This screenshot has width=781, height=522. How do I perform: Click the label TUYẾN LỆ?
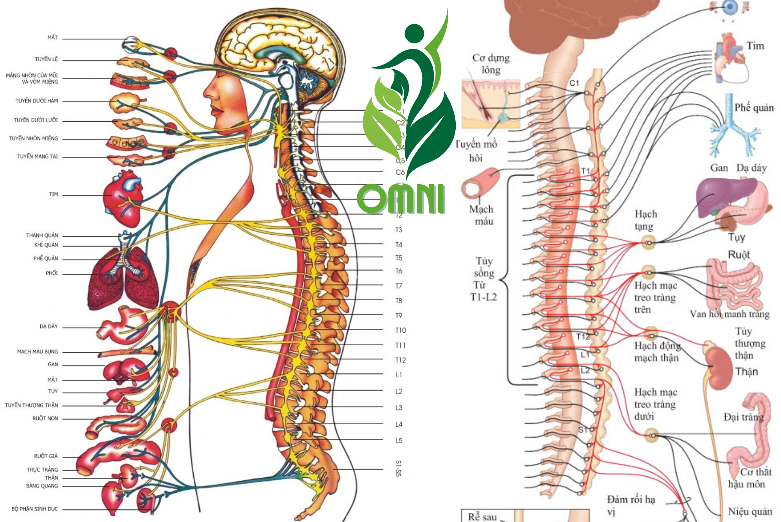pos(46,59)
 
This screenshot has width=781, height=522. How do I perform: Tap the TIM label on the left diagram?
pos(53,194)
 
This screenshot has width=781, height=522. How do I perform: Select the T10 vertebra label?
pos(400,330)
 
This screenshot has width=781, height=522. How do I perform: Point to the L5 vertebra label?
pos(399,441)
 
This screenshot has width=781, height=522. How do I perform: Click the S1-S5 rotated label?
pos(398,468)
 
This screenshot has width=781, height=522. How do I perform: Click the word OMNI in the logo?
pos(401,198)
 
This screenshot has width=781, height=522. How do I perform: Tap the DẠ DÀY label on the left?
pos(48,326)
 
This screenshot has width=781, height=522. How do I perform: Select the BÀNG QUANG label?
pos(42,486)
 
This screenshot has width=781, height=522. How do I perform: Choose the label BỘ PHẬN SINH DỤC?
pos(34,509)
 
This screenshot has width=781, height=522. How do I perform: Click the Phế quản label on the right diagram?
pos(754,108)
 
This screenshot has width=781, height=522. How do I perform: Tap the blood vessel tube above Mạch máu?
pos(480,183)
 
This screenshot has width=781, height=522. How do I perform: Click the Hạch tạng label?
pos(645,220)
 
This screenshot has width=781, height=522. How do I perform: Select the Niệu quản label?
pos(750,511)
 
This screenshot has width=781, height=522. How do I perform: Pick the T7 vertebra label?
pos(398,286)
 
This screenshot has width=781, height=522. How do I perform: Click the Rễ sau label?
pos(482,517)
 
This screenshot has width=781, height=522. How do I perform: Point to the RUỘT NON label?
pos(45,418)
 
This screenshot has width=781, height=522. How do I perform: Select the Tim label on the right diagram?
pos(755,46)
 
